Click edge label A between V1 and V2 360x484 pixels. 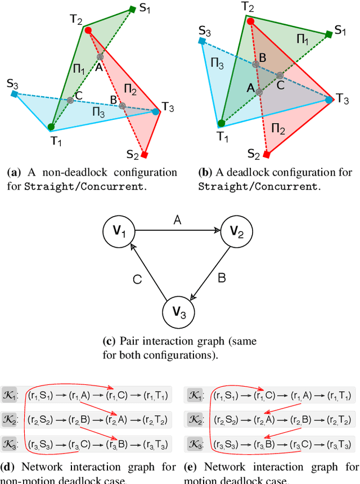click(178, 221)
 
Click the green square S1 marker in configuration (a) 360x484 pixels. click(132, 9)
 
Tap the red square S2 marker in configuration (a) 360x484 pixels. click(145, 155)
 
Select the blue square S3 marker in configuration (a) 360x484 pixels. click(13, 94)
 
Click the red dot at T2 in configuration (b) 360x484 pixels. click(251, 21)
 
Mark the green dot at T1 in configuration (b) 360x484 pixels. click(222, 123)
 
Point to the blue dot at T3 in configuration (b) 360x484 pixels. click(329, 100)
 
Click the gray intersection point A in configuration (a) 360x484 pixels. click(100, 57)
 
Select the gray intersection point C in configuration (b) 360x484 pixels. click(280, 75)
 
